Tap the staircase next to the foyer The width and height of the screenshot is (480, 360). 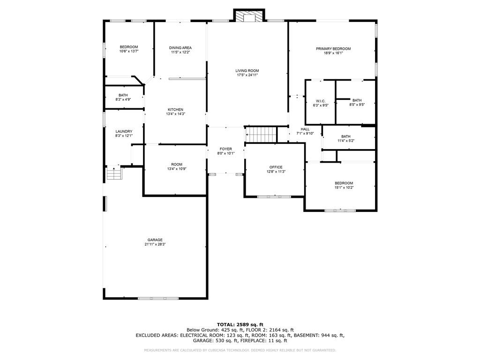(262, 135)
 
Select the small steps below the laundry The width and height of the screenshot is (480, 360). (114, 174)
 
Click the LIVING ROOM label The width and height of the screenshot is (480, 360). (247, 71)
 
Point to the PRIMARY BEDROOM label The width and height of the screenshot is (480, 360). (333, 49)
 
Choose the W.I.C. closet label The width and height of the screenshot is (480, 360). (321, 101)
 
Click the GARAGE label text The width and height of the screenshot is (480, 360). (155, 240)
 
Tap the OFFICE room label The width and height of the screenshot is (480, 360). (276, 167)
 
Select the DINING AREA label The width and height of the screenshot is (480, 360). (180, 48)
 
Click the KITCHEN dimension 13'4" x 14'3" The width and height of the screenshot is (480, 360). (176, 114)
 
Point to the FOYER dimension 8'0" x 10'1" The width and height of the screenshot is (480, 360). (225, 153)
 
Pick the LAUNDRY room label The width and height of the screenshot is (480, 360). (124, 131)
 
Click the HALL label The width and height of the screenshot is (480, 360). (305, 129)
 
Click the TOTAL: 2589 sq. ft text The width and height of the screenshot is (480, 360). (240, 324)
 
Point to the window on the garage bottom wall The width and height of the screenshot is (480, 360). (158, 298)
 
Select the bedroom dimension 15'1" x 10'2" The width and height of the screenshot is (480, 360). (344, 187)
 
